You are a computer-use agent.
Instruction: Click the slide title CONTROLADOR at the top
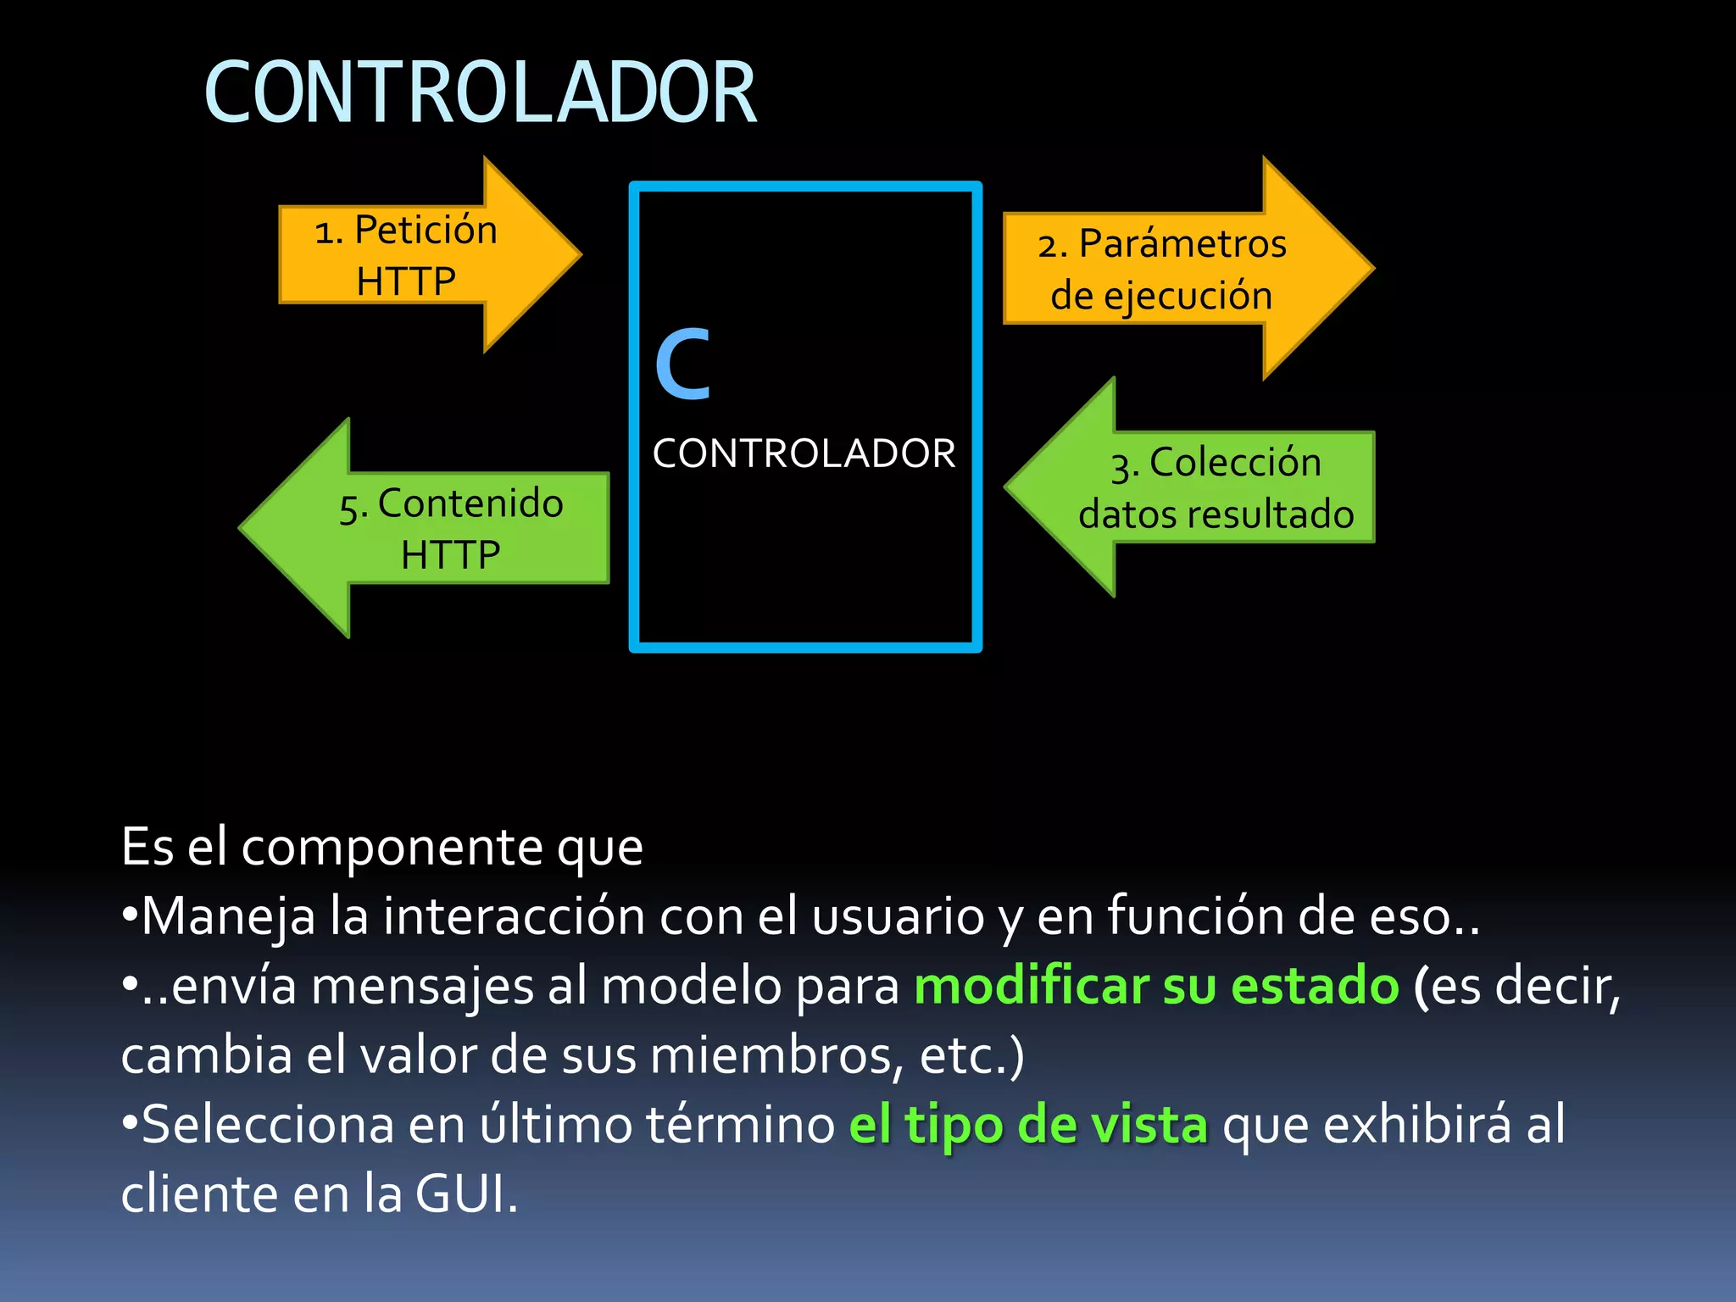pyautogui.click(x=480, y=93)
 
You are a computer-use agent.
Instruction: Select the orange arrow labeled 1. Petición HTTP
pyautogui.click(x=424, y=254)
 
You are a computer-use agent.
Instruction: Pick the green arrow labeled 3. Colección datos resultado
pyautogui.click(x=1195, y=488)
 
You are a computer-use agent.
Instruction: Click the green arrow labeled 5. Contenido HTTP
pyautogui.click(x=432, y=528)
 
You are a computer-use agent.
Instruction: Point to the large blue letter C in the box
pyautogui.click(x=682, y=364)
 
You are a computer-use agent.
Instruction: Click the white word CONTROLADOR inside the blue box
pyautogui.click(x=804, y=453)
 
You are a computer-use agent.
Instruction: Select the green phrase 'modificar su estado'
pyautogui.click(x=1156, y=986)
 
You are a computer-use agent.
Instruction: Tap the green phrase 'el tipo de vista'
pyautogui.click(x=1028, y=1125)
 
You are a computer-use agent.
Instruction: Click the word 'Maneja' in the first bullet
pyautogui.click(x=227, y=917)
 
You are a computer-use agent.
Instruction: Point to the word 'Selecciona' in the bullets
pyautogui.click(x=268, y=1125)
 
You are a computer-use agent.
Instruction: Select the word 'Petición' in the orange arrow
pyautogui.click(x=426, y=230)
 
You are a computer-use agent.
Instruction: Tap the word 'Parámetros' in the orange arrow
pyautogui.click(x=1182, y=244)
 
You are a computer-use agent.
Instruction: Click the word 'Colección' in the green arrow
pyautogui.click(x=1235, y=463)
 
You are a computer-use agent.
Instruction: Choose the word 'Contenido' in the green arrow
pyautogui.click(x=470, y=504)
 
